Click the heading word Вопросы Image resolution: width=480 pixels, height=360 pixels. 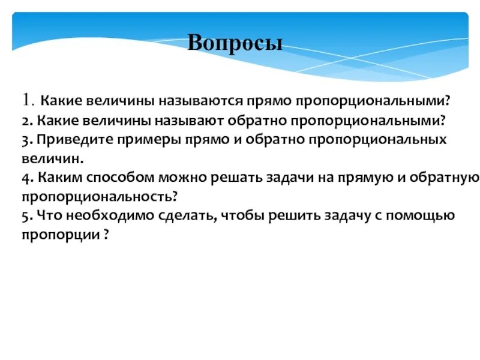tap(235, 43)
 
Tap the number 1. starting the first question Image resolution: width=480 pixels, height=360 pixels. tap(29, 100)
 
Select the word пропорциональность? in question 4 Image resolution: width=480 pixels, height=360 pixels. tap(101, 197)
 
